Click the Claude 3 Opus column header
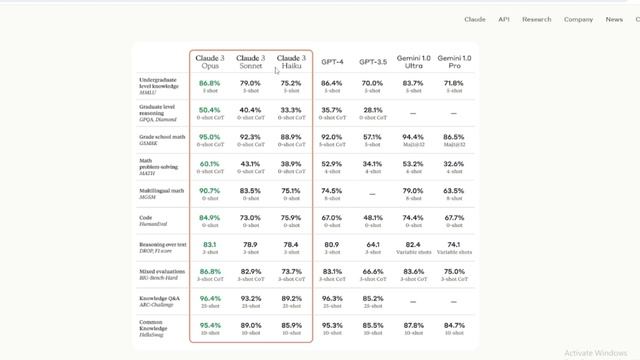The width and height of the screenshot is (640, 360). pyautogui.click(x=209, y=62)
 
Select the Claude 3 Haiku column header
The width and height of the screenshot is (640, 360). pyautogui.click(x=291, y=62)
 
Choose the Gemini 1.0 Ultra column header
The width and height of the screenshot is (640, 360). pyautogui.click(x=413, y=62)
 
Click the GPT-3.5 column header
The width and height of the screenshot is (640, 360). pyautogui.click(x=373, y=62)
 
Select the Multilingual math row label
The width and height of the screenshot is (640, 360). pyautogui.click(x=161, y=190)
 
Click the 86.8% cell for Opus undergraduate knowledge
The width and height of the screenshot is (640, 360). pyautogui.click(x=209, y=83)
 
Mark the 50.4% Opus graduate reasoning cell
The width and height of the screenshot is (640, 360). pyautogui.click(x=209, y=110)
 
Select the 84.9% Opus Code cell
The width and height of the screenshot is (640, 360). pyautogui.click(x=209, y=217)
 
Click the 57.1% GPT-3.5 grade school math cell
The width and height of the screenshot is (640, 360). pyautogui.click(x=372, y=137)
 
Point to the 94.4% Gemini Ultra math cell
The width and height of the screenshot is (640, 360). pyautogui.click(x=412, y=137)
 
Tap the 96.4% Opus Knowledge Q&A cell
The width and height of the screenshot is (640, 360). pyautogui.click(x=209, y=298)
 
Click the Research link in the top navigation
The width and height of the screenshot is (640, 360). pyautogui.click(x=536, y=19)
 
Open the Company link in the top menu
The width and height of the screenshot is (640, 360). pyautogui.click(x=578, y=19)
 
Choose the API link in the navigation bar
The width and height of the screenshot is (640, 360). pyautogui.click(x=504, y=19)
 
